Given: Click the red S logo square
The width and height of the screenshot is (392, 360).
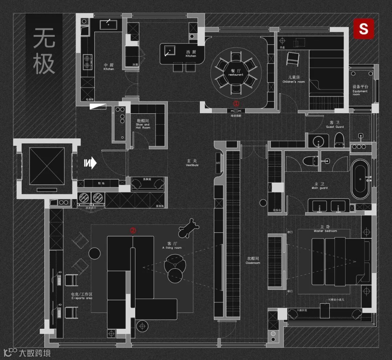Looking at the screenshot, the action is pos(364,28).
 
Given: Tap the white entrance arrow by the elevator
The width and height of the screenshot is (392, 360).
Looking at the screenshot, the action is pos(91,163).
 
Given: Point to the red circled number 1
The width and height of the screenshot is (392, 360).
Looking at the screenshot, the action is pos(236,103).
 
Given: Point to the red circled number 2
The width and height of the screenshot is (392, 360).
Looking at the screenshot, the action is pos(133,230).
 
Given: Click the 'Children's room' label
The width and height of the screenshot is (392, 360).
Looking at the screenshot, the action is pos(294,80).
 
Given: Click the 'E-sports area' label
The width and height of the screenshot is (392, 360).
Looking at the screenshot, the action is pos(82,296).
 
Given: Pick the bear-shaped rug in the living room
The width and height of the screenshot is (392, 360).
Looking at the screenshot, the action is pos(189,229).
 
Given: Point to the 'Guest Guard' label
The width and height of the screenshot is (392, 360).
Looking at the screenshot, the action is pos(334,125).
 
